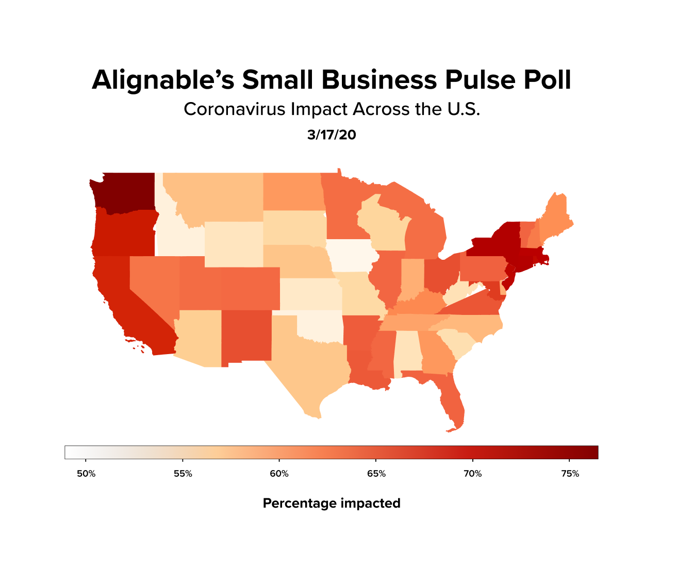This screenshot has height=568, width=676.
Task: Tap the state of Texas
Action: [304, 361]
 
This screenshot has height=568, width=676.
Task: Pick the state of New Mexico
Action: [246, 335]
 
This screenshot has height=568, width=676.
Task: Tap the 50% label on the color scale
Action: [86, 474]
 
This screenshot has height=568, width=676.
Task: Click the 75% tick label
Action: [570, 474]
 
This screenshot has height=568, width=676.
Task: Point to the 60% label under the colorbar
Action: [279, 474]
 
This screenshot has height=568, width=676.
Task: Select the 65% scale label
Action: [376, 474]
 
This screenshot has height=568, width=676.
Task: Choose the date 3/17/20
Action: [332, 135]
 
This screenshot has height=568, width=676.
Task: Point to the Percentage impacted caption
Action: [332, 503]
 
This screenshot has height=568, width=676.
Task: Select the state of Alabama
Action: [406, 353]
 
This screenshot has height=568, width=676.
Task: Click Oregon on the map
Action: [124, 235]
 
